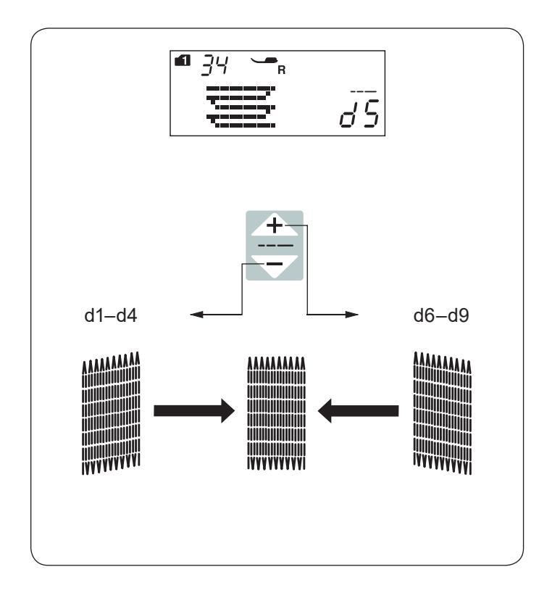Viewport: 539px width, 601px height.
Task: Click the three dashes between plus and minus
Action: (273, 246)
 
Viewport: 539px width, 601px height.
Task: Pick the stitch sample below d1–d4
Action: (108, 411)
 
